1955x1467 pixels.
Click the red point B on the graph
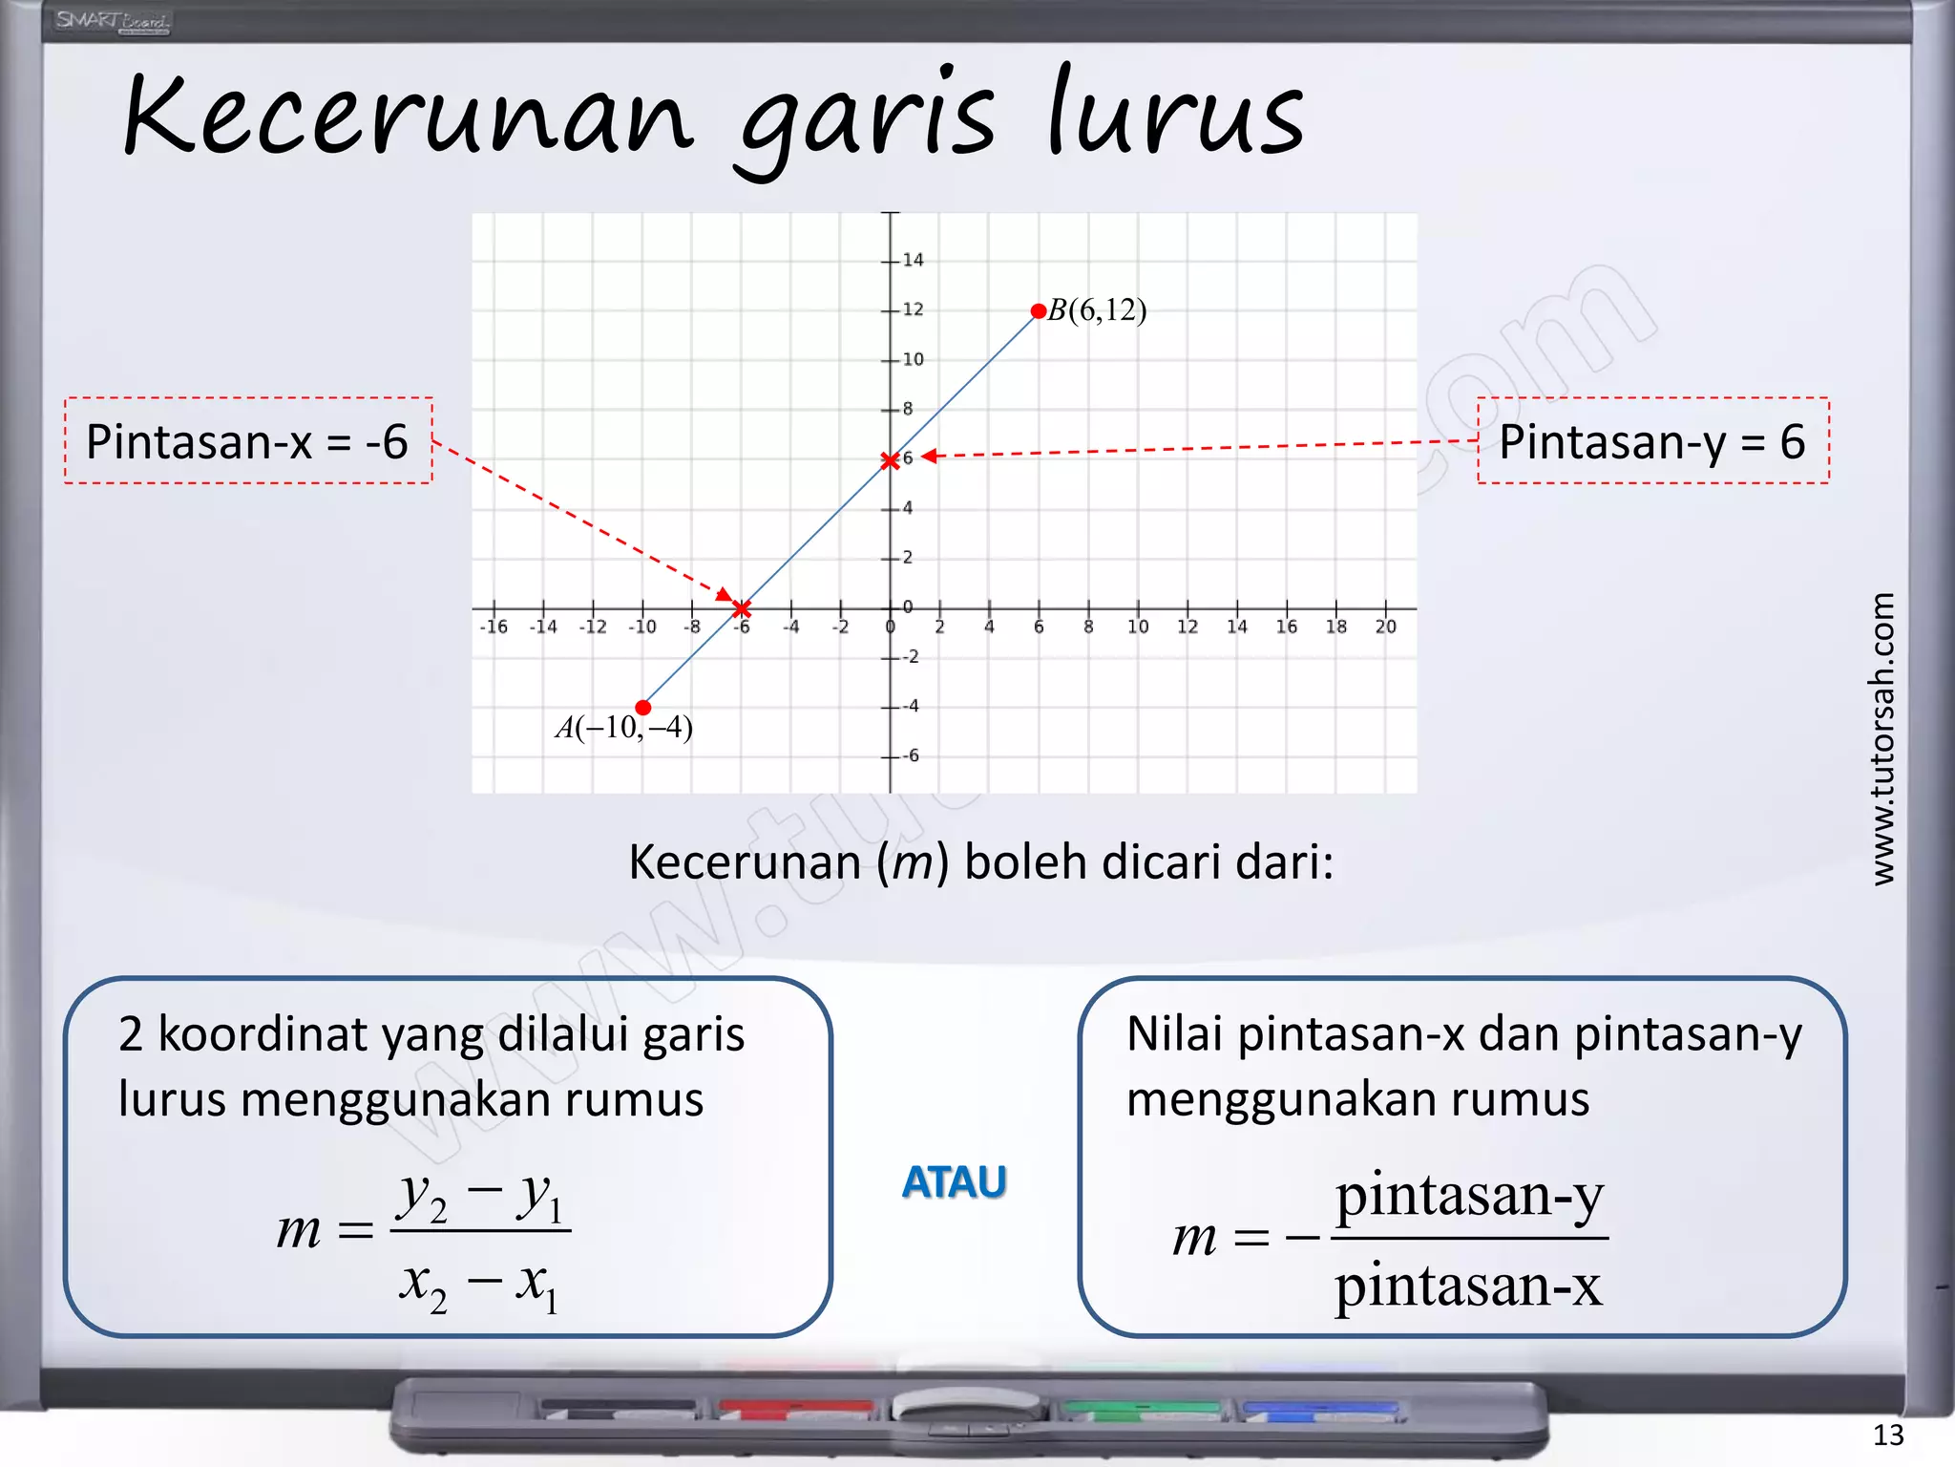coord(1038,311)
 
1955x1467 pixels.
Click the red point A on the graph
coord(642,708)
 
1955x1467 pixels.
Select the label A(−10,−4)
coord(624,729)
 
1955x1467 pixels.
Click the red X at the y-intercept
coord(890,461)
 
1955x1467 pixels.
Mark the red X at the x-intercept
coord(742,608)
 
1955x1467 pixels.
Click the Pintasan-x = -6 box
coord(248,441)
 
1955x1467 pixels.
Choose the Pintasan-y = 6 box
coord(1652,441)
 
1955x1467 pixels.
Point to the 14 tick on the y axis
coord(912,260)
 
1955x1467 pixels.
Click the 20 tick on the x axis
coord(1385,627)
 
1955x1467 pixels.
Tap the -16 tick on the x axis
coord(494,627)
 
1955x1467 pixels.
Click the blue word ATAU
coord(954,1182)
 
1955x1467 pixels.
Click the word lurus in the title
coord(1175,117)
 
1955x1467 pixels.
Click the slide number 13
coord(1887,1435)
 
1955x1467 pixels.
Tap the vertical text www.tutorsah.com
coord(1882,738)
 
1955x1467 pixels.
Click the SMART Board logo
coord(112,21)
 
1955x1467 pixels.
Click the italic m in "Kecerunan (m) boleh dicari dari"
coord(912,862)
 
